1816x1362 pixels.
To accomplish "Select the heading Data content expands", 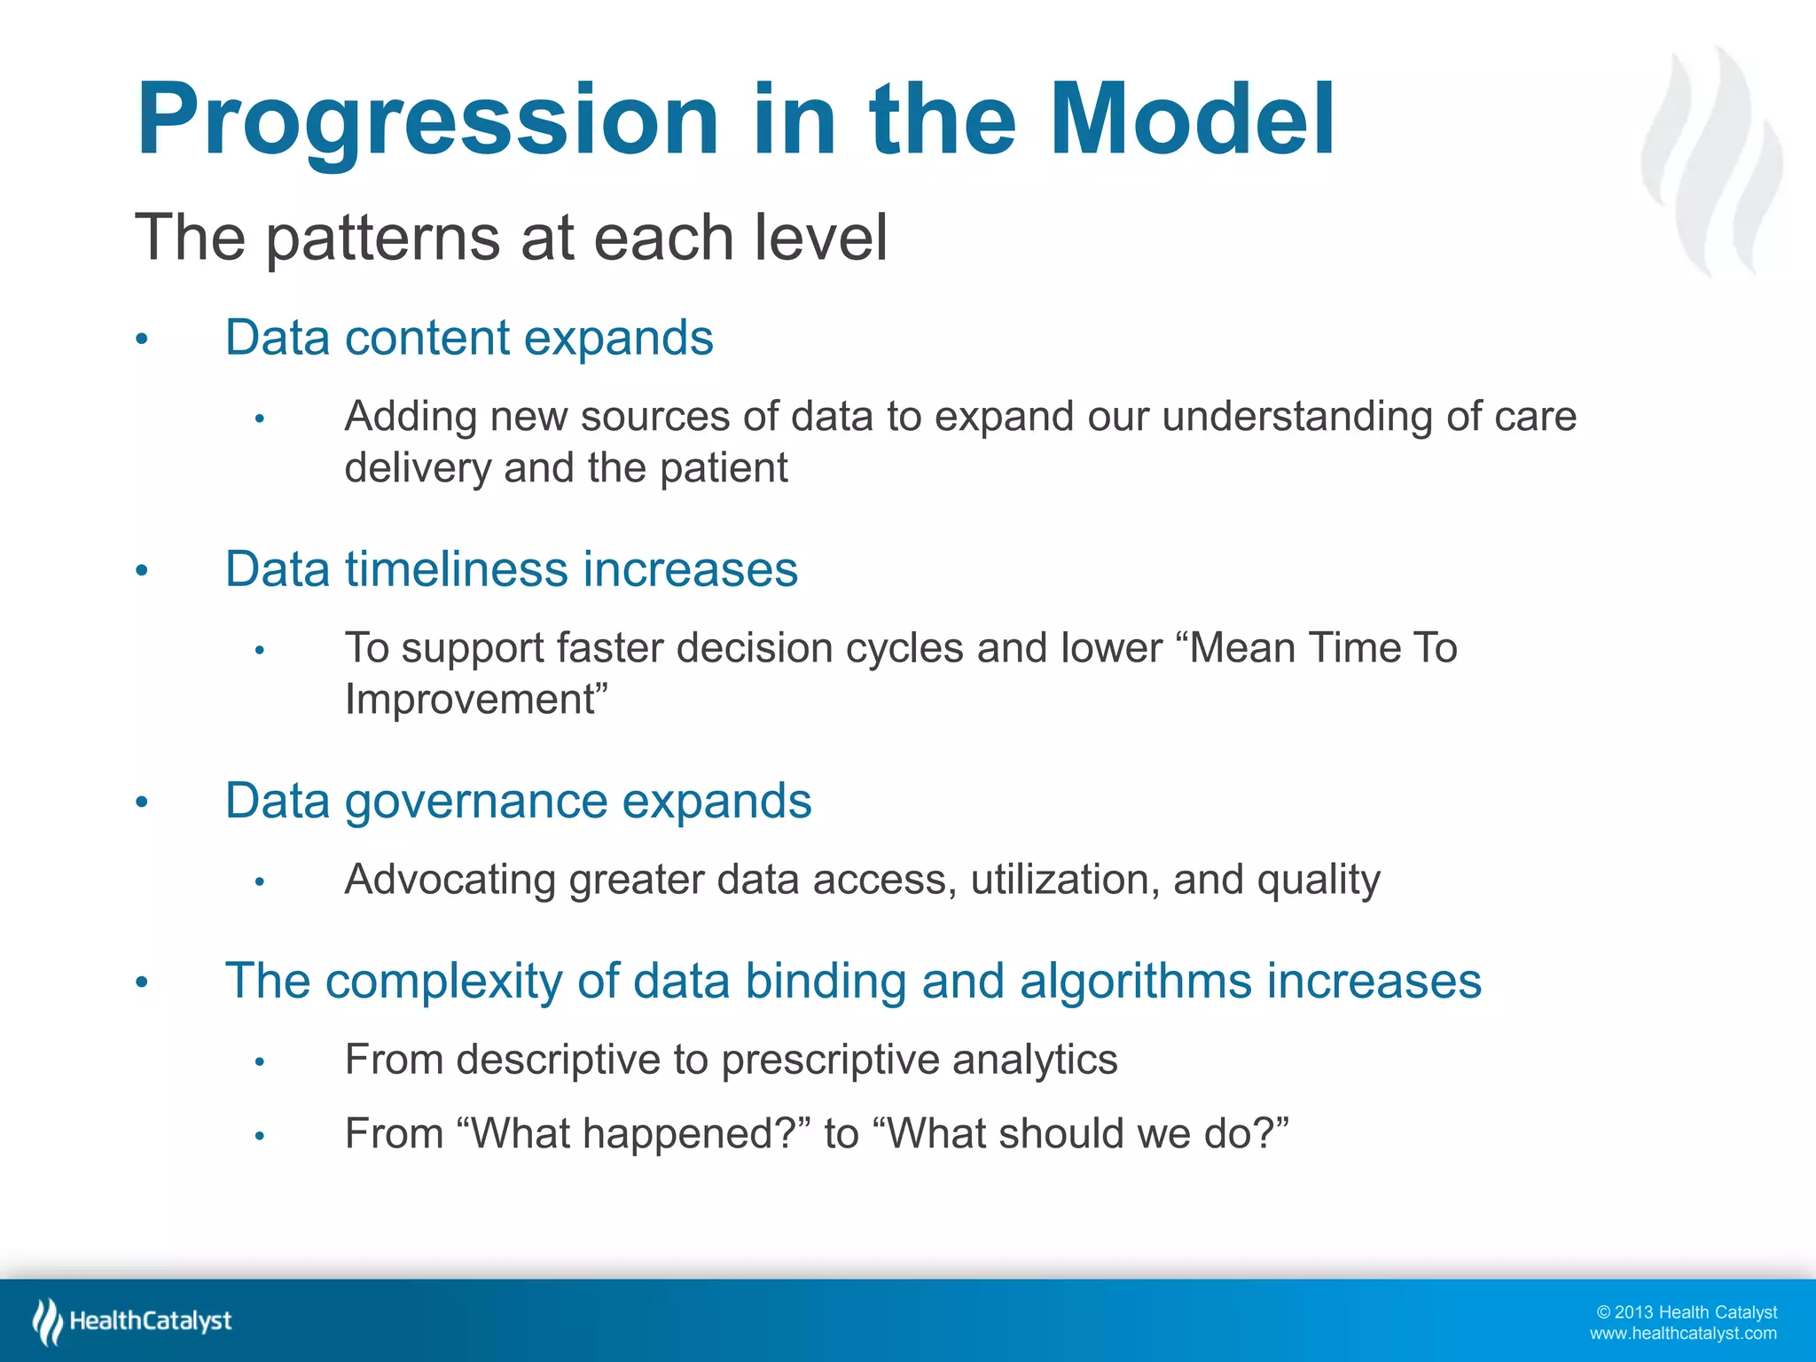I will [x=469, y=338].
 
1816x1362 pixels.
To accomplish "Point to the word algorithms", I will [x=1135, y=982].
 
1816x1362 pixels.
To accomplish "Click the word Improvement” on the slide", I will [x=476, y=700].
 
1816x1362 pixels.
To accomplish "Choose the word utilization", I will [x=1064, y=880].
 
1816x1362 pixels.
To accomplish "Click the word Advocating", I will [x=450, y=880].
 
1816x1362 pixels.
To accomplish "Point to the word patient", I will [x=724, y=468].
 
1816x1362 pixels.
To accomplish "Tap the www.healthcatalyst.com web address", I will [x=1682, y=1334].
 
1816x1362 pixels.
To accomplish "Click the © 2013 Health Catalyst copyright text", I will [x=1686, y=1312].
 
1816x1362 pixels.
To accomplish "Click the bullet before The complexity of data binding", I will [x=141, y=982].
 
